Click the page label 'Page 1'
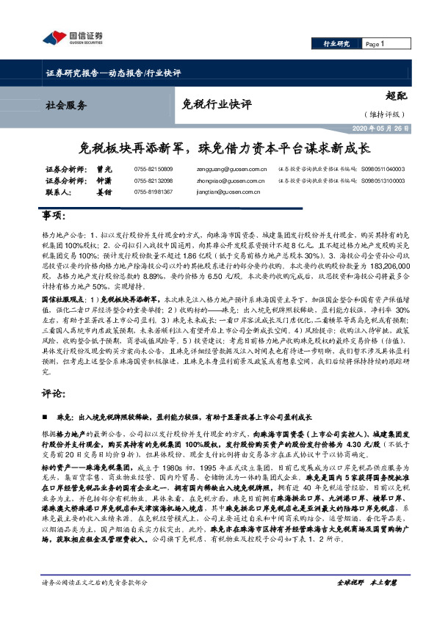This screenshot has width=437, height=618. click(375, 45)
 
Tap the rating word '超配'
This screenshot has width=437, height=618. click(396, 96)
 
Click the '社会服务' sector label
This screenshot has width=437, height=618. click(62, 105)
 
